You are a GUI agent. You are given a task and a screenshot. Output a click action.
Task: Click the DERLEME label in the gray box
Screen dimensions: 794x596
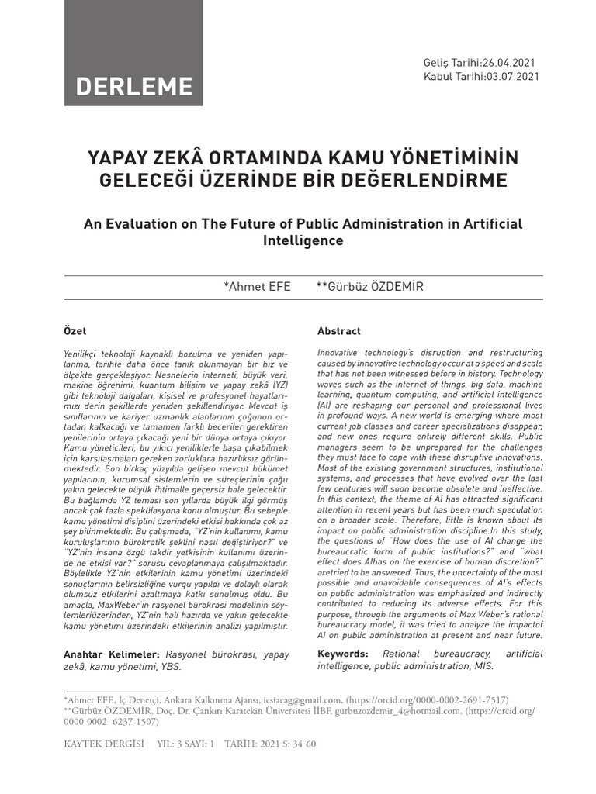coord(133,86)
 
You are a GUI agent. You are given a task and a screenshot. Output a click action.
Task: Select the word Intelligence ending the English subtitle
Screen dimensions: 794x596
coord(303,240)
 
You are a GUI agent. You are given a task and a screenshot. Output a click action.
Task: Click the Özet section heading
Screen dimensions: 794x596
coord(75,331)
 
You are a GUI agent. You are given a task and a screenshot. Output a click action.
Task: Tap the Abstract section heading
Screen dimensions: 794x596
coord(339,331)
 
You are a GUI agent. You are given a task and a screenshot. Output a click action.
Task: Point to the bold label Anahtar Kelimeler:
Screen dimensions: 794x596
coord(112,654)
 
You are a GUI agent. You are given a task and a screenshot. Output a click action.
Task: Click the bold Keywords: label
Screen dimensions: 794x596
coord(343,654)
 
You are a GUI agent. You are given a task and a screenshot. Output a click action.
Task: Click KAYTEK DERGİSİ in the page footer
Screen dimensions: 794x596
coord(104,744)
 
